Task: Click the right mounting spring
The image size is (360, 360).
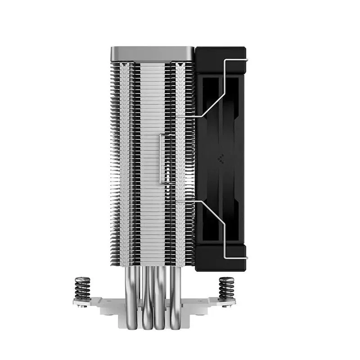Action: tap(225, 288)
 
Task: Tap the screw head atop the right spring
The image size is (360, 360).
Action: tap(225, 279)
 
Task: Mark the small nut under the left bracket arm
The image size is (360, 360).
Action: tap(82, 306)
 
